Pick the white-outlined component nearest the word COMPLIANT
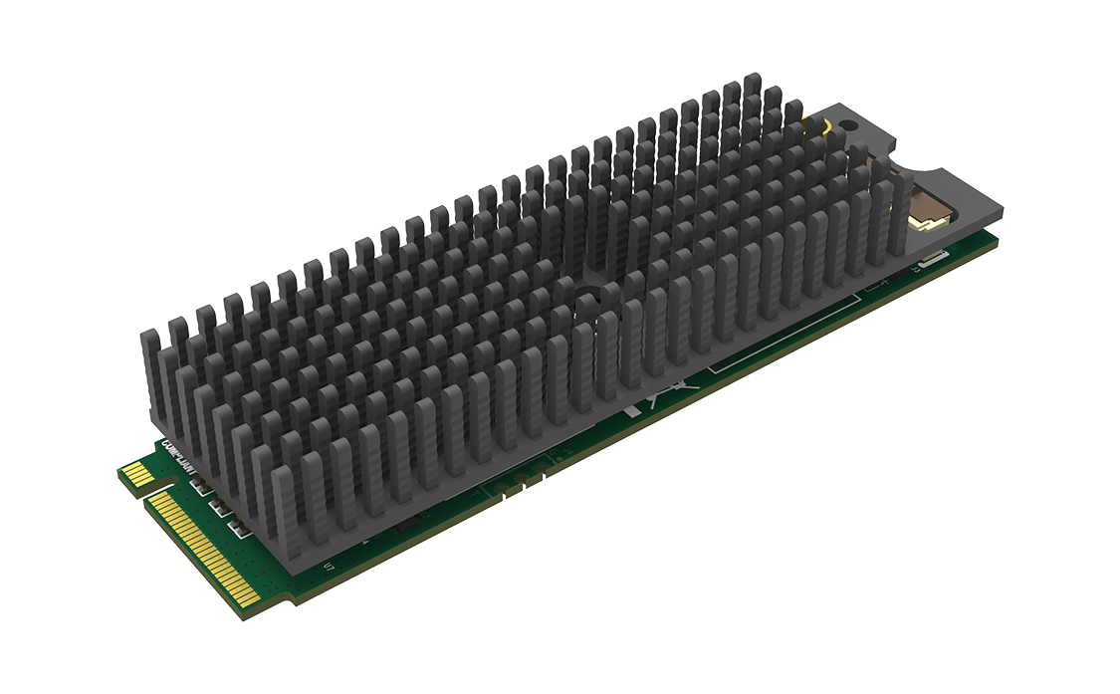196,485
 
